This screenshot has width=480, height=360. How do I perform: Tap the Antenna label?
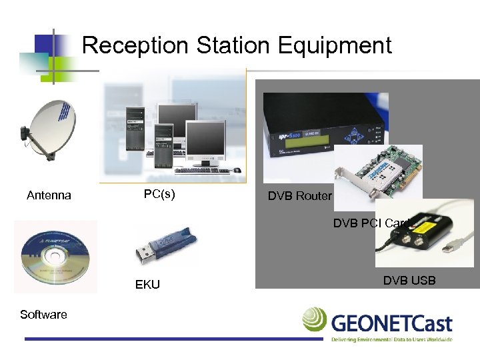(x=49, y=195)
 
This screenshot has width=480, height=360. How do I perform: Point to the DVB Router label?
(x=299, y=195)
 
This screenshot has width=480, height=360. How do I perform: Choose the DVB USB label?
(x=409, y=280)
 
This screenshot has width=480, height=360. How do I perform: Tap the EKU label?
(x=147, y=285)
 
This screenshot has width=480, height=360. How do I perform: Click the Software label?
(x=43, y=315)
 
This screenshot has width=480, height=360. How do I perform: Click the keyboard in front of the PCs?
(x=200, y=171)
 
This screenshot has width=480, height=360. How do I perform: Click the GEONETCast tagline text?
(x=391, y=339)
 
